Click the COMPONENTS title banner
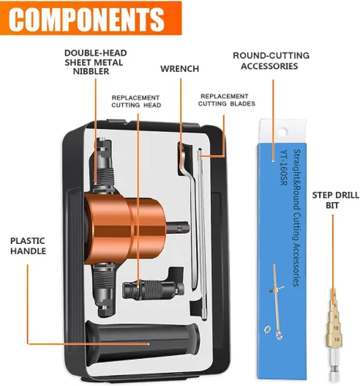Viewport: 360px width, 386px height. point(90,18)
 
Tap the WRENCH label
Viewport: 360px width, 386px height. point(180,69)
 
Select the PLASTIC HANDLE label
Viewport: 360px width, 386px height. point(28,245)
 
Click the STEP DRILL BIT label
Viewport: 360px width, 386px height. point(335,200)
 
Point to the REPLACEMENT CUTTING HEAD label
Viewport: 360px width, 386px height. point(136,101)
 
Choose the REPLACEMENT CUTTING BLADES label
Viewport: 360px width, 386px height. point(226,100)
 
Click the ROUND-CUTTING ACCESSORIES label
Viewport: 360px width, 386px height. point(271,61)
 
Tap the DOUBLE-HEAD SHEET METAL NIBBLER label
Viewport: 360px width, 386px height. point(95,63)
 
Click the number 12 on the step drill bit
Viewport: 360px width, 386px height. point(337,340)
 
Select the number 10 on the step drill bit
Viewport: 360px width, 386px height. point(336,328)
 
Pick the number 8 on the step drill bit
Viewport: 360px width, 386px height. point(335,317)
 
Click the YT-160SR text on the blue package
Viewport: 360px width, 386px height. point(284,168)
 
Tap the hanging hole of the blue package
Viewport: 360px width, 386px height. point(282,133)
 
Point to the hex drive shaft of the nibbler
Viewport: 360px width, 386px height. point(178,228)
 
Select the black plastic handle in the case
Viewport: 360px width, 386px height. point(142,341)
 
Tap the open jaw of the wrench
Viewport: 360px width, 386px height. point(182,159)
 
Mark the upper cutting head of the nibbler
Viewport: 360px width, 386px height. point(104,164)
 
